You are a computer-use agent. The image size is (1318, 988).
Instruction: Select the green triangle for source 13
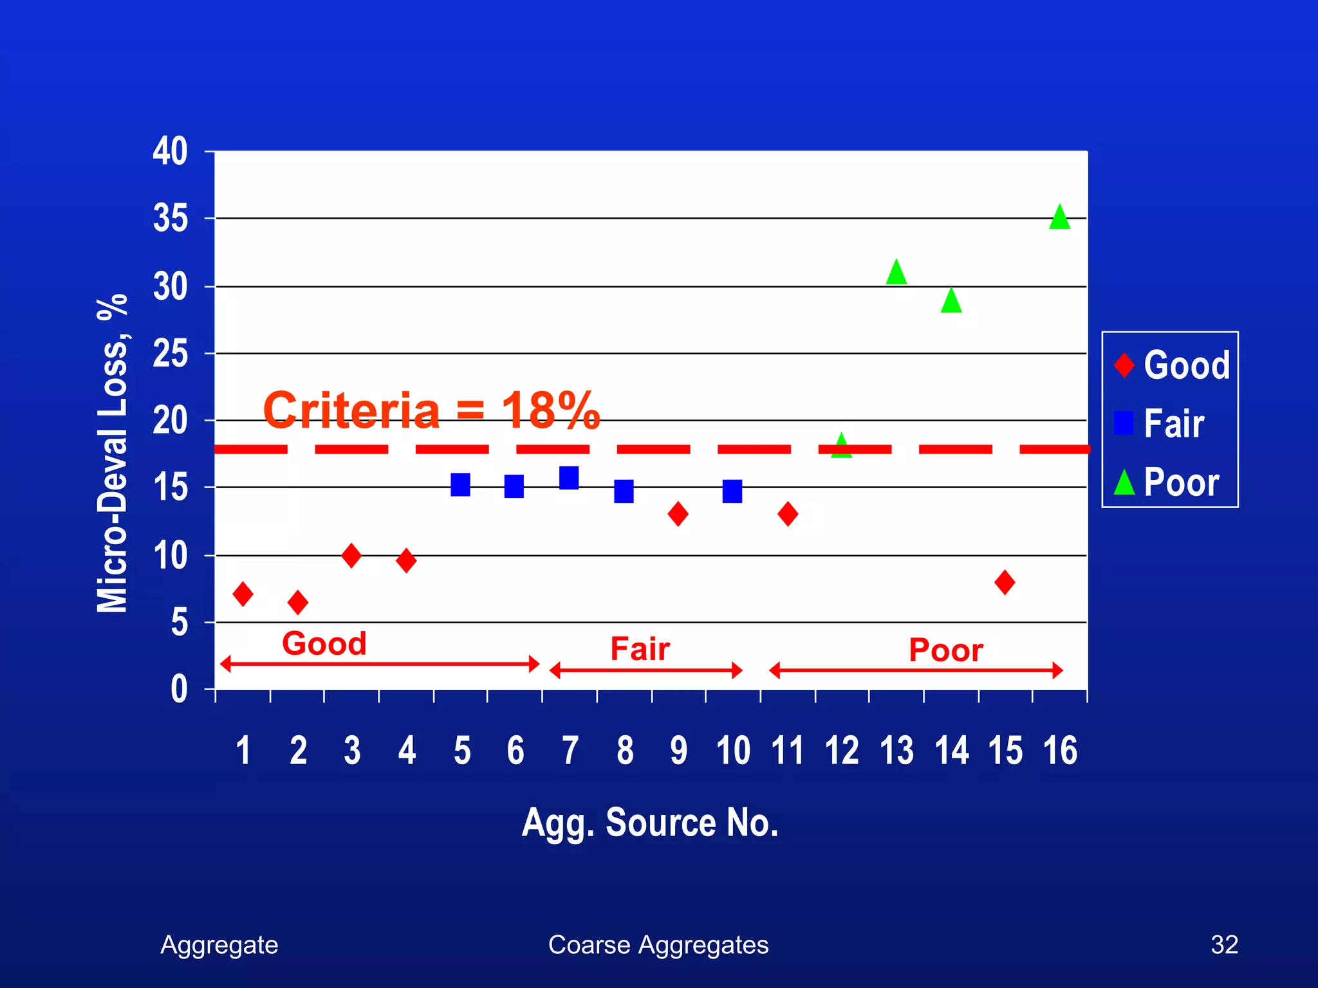point(896,273)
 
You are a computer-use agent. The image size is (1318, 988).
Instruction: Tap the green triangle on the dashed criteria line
point(841,446)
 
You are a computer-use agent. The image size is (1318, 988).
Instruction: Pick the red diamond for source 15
point(1005,582)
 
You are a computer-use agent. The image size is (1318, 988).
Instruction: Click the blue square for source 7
point(569,478)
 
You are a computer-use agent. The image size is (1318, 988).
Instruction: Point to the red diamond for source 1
point(243,594)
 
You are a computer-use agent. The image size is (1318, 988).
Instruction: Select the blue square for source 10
point(732,491)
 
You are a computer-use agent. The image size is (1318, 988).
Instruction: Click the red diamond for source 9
point(678,514)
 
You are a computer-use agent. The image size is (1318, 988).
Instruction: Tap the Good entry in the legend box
point(1173,365)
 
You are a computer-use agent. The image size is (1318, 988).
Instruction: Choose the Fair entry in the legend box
point(1160,423)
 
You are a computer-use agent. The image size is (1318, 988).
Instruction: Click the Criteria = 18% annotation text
point(431,410)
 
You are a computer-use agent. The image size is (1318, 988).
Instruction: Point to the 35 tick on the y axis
point(171,219)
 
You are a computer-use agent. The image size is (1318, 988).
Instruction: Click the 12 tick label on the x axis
point(842,751)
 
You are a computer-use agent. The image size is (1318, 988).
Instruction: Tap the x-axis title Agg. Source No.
point(650,823)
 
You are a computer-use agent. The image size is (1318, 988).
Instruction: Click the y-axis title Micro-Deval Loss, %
point(112,453)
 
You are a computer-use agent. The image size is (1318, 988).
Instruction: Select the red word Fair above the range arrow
point(640,649)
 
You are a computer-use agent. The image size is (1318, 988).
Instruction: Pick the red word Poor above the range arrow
point(945,650)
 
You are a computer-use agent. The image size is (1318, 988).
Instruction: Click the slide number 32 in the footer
point(1224,945)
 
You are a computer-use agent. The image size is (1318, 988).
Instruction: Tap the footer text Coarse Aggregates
point(658,945)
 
